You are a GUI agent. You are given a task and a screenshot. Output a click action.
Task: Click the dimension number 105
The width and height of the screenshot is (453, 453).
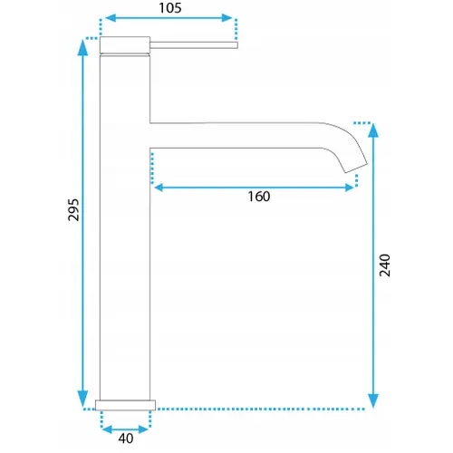pyautogui.click(x=170, y=8)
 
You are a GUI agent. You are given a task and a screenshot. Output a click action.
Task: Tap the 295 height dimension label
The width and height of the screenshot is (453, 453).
pyautogui.click(x=73, y=210)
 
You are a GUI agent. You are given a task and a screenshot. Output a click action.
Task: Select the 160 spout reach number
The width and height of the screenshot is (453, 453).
pyautogui.click(x=259, y=197)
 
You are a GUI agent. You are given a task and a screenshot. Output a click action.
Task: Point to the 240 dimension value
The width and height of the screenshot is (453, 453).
pyautogui.click(x=385, y=265)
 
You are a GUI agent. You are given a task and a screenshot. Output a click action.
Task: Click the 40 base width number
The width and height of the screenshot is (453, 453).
pyautogui.click(x=126, y=439)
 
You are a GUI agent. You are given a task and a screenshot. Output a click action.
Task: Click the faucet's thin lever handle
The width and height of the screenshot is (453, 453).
pyautogui.click(x=194, y=45)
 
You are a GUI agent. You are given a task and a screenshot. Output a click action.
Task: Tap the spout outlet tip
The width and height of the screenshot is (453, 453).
pyautogui.click(x=356, y=169)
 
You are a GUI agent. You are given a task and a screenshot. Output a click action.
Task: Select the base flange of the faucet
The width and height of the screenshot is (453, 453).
pyautogui.click(x=125, y=405)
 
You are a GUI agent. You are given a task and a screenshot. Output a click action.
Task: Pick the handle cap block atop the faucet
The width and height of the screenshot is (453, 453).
pyautogui.click(x=125, y=45)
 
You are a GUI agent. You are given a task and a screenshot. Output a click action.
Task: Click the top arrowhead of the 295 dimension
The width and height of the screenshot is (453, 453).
pyautogui.click(x=82, y=47)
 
